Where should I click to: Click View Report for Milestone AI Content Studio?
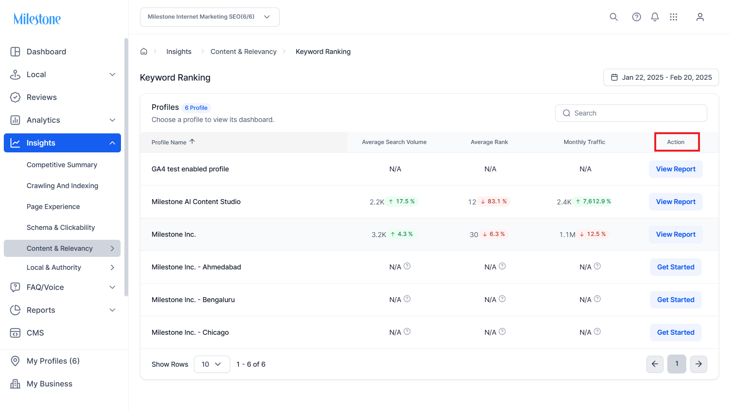(x=676, y=202)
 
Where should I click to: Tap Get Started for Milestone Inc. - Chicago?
(x=676, y=332)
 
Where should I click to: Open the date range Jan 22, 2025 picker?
(x=661, y=78)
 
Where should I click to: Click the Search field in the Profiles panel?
(x=631, y=113)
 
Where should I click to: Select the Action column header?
(x=676, y=142)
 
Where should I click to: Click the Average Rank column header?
(x=489, y=142)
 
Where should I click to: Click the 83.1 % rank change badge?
(x=494, y=201)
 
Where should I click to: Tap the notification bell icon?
(x=655, y=17)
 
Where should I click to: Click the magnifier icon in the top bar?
(x=614, y=17)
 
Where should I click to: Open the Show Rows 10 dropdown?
(x=212, y=364)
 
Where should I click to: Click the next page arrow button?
(x=698, y=364)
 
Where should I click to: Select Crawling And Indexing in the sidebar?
(x=62, y=186)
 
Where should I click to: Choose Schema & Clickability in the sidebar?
(x=61, y=228)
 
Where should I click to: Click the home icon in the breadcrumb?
(x=144, y=51)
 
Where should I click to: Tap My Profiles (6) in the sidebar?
(x=53, y=361)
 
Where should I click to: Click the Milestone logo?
(x=37, y=19)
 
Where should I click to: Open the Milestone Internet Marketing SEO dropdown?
(x=210, y=17)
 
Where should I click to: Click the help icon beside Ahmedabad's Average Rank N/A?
(x=502, y=266)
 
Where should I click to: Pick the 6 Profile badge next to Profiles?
(x=196, y=108)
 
